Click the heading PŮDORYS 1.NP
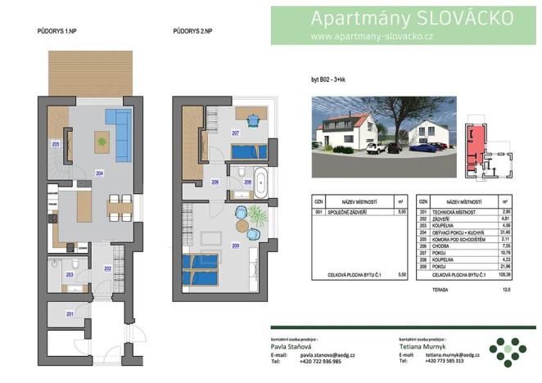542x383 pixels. (56, 31)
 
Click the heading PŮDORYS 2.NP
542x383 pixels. (193, 31)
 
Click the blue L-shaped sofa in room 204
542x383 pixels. (121, 134)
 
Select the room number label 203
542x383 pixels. (69, 276)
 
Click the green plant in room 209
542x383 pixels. (257, 218)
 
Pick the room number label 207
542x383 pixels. (235, 133)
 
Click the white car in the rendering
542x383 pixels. (376, 148)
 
